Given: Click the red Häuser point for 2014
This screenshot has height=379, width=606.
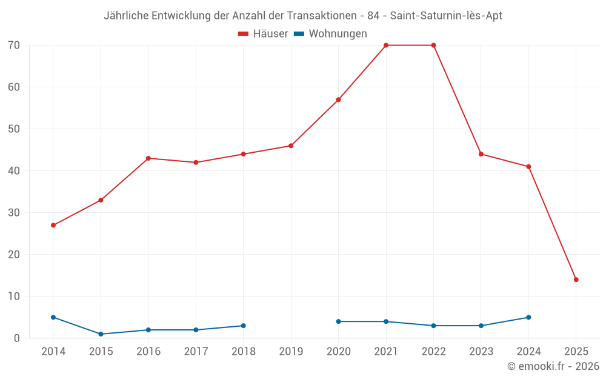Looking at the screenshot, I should pos(53,225).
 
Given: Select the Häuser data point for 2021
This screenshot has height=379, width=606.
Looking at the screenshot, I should pos(386,45).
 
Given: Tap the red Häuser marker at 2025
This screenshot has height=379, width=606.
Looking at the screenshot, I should pos(576,280).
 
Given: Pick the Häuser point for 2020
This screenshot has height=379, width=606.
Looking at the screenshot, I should pos(338,99).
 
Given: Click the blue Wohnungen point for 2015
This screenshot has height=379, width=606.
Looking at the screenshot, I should pos(101,334).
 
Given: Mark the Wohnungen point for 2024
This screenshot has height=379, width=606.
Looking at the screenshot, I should pos(528,317).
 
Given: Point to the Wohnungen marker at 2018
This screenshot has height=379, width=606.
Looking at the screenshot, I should pos(244,326).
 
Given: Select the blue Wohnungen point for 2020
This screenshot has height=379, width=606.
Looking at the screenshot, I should pos(338,321).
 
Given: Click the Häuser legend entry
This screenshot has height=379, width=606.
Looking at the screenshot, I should pos(263,34).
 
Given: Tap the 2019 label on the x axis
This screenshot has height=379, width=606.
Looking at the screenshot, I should pos(291,352).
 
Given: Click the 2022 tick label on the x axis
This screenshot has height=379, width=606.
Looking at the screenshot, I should pos(433,352).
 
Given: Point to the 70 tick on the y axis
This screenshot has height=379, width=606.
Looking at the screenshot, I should pos(14,45).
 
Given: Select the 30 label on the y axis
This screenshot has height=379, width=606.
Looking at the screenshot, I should pos(14,213).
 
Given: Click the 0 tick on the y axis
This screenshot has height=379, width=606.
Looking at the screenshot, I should pos(17,338).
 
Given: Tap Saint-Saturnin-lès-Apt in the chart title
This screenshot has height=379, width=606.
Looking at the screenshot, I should pos(446,16).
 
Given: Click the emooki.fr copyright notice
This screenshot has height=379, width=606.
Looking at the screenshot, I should pos(553,366).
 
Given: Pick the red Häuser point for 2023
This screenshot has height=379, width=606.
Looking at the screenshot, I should pos(481,154).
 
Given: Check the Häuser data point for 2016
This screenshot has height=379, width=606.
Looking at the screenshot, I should pos(148,158).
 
